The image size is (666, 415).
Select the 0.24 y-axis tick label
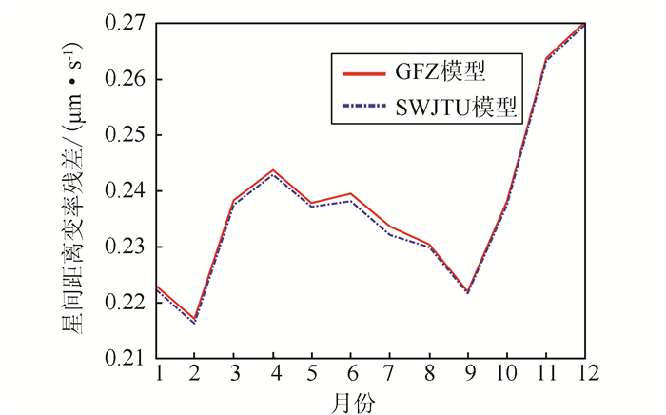tap(126, 190)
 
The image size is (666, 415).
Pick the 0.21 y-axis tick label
tap(126, 358)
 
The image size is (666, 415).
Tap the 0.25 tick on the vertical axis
tap(126, 134)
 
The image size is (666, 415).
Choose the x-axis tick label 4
tap(273, 372)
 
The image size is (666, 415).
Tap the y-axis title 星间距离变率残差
tap(72, 190)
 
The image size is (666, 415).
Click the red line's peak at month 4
tap(273, 170)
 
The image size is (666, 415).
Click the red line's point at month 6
tap(351, 193)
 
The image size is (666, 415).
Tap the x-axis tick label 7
tap(389, 372)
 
